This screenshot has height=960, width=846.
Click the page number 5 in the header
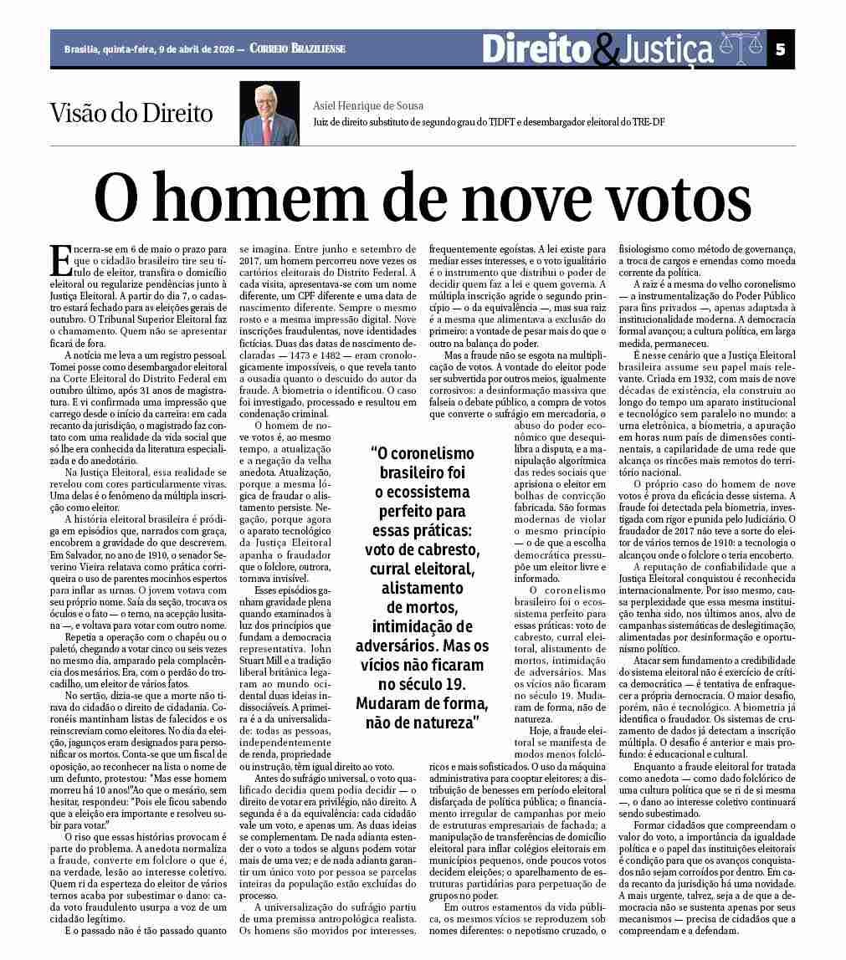pyautogui.click(x=780, y=49)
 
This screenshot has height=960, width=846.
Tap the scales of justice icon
pyautogui.click(x=741, y=49)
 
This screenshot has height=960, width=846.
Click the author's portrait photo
pyautogui.click(x=269, y=114)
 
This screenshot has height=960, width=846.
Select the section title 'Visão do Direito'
pyautogui.click(x=131, y=113)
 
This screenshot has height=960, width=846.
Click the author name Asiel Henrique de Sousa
pyautogui.click(x=368, y=106)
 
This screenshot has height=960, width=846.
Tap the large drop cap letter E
pyautogui.click(x=60, y=261)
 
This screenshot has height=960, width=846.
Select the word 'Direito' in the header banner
pyautogui.click(x=536, y=49)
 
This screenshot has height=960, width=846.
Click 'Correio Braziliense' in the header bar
pyautogui.click(x=297, y=49)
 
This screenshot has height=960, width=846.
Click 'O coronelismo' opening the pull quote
pyautogui.click(x=423, y=453)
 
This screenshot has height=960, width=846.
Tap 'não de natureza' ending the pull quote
pyautogui.click(x=423, y=723)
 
